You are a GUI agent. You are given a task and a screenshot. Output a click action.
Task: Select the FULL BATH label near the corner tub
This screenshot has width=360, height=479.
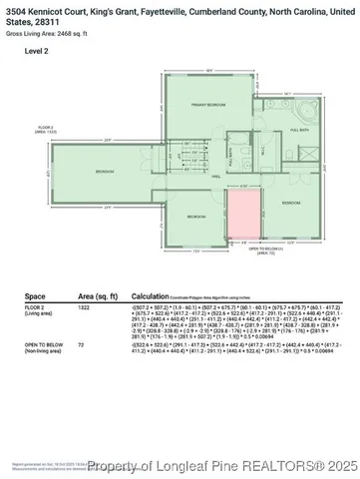(296, 130)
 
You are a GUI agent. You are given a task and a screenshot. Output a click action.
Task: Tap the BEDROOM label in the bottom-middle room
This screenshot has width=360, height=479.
(196, 217)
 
